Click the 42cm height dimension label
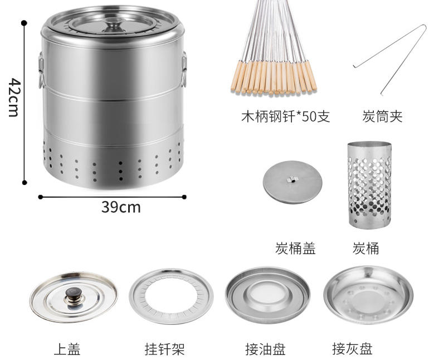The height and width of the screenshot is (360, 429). [14, 98]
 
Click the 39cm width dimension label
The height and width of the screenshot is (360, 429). [121, 207]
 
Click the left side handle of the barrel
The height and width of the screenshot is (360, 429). [41, 70]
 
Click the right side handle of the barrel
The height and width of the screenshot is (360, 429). [184, 69]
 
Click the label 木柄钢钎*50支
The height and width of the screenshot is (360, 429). [286, 116]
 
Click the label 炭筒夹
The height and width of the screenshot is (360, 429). [382, 116]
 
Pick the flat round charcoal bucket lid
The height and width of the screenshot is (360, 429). [292, 182]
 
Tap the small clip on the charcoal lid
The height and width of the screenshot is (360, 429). [291, 179]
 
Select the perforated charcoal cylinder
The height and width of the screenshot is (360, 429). [369, 185]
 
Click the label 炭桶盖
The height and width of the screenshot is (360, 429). [295, 249]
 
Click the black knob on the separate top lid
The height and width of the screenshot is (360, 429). [74, 293]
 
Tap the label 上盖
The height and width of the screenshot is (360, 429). [67, 349]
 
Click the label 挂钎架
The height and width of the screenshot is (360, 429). [165, 349]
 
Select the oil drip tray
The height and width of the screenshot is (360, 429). [268, 295]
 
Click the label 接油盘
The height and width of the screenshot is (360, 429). [265, 349]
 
